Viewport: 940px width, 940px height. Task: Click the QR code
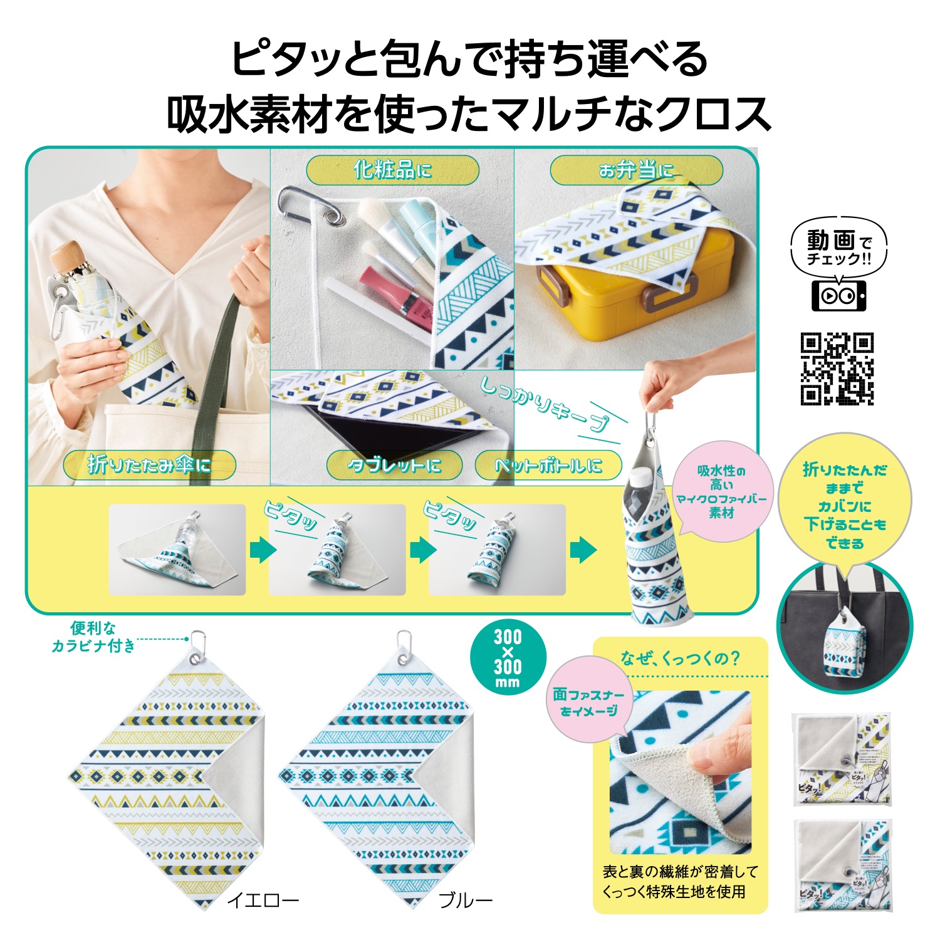point(837,369)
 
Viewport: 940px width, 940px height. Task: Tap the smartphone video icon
point(838,295)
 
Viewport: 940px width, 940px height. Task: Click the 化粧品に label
point(392,170)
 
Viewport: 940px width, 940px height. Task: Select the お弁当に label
point(636,170)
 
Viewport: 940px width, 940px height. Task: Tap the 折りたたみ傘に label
point(149,465)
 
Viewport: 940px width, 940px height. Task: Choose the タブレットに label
point(394,465)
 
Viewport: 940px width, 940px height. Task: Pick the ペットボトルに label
point(548,465)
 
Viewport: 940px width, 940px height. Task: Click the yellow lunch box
point(633,295)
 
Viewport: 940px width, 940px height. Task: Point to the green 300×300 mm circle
point(508,657)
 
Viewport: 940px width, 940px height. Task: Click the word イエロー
point(263,901)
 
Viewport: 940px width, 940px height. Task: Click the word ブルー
point(465,901)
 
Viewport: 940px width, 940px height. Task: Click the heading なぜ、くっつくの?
point(680,658)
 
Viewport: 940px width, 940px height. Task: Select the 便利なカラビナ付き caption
point(93,637)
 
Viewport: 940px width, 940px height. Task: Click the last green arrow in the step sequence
point(583,550)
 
